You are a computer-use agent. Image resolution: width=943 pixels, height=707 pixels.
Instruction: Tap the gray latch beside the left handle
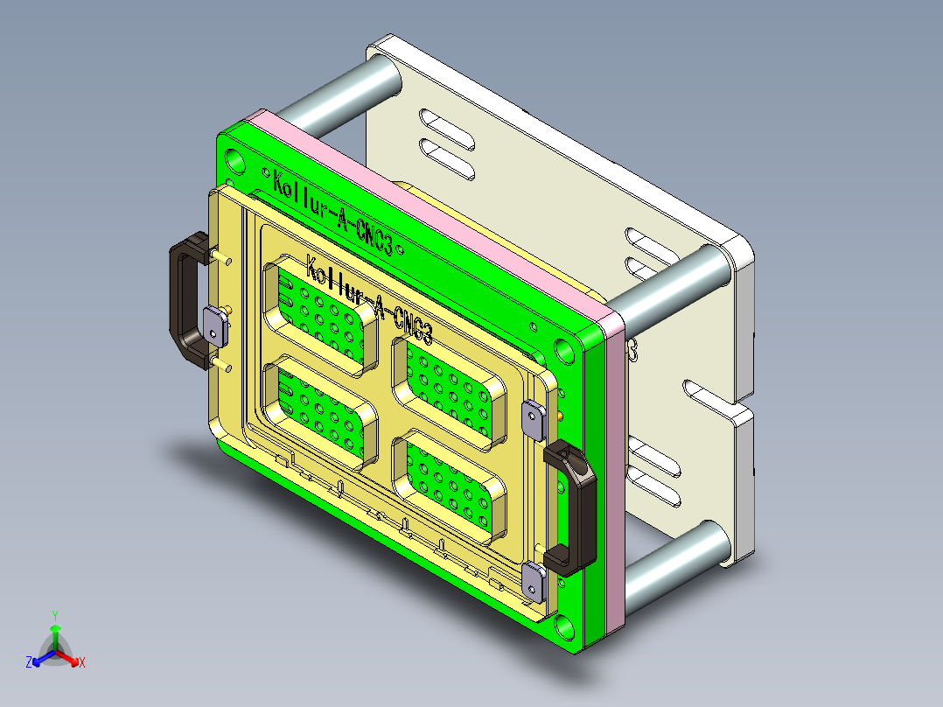[215, 325]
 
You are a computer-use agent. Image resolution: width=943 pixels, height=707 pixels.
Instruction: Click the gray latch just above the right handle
[534, 419]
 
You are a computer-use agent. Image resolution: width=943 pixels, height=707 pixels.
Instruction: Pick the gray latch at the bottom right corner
[534, 581]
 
